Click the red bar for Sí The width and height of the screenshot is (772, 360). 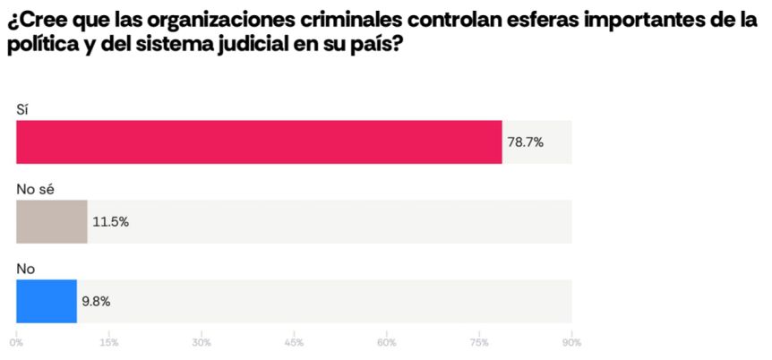click(259, 141)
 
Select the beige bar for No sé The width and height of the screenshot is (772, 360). click(51, 221)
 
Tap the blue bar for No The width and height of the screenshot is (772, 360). click(47, 301)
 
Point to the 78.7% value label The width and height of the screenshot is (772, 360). click(526, 141)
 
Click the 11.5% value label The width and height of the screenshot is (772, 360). click(111, 221)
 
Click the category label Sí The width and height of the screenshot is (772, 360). click(23, 109)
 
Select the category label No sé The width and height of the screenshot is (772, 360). click(37, 189)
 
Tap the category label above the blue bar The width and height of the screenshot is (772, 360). click(26, 269)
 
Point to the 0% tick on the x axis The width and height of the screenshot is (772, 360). click(17, 342)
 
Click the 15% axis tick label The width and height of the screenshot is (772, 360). click(109, 342)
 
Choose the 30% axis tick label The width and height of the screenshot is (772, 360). click(202, 342)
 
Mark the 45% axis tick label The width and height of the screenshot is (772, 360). click(295, 342)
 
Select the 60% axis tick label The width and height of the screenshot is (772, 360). click(387, 342)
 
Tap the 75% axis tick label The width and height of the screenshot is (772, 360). click(479, 342)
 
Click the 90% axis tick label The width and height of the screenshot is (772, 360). click(571, 342)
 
